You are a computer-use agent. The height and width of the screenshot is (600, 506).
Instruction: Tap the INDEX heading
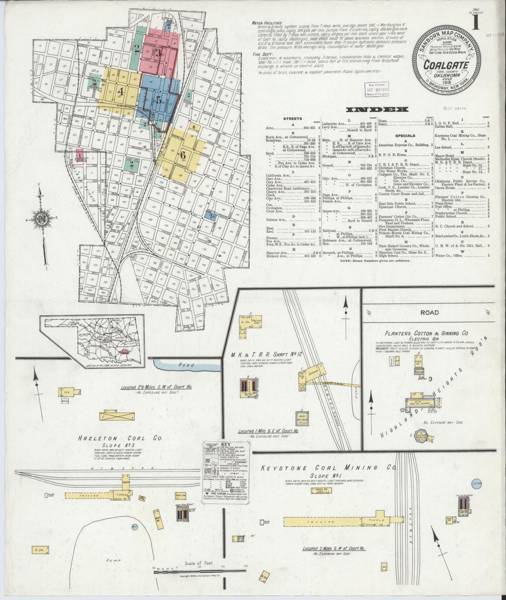377,110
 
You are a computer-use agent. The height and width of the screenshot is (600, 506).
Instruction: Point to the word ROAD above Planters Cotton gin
429,313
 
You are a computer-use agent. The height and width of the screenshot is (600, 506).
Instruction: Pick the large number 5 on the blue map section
159,99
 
